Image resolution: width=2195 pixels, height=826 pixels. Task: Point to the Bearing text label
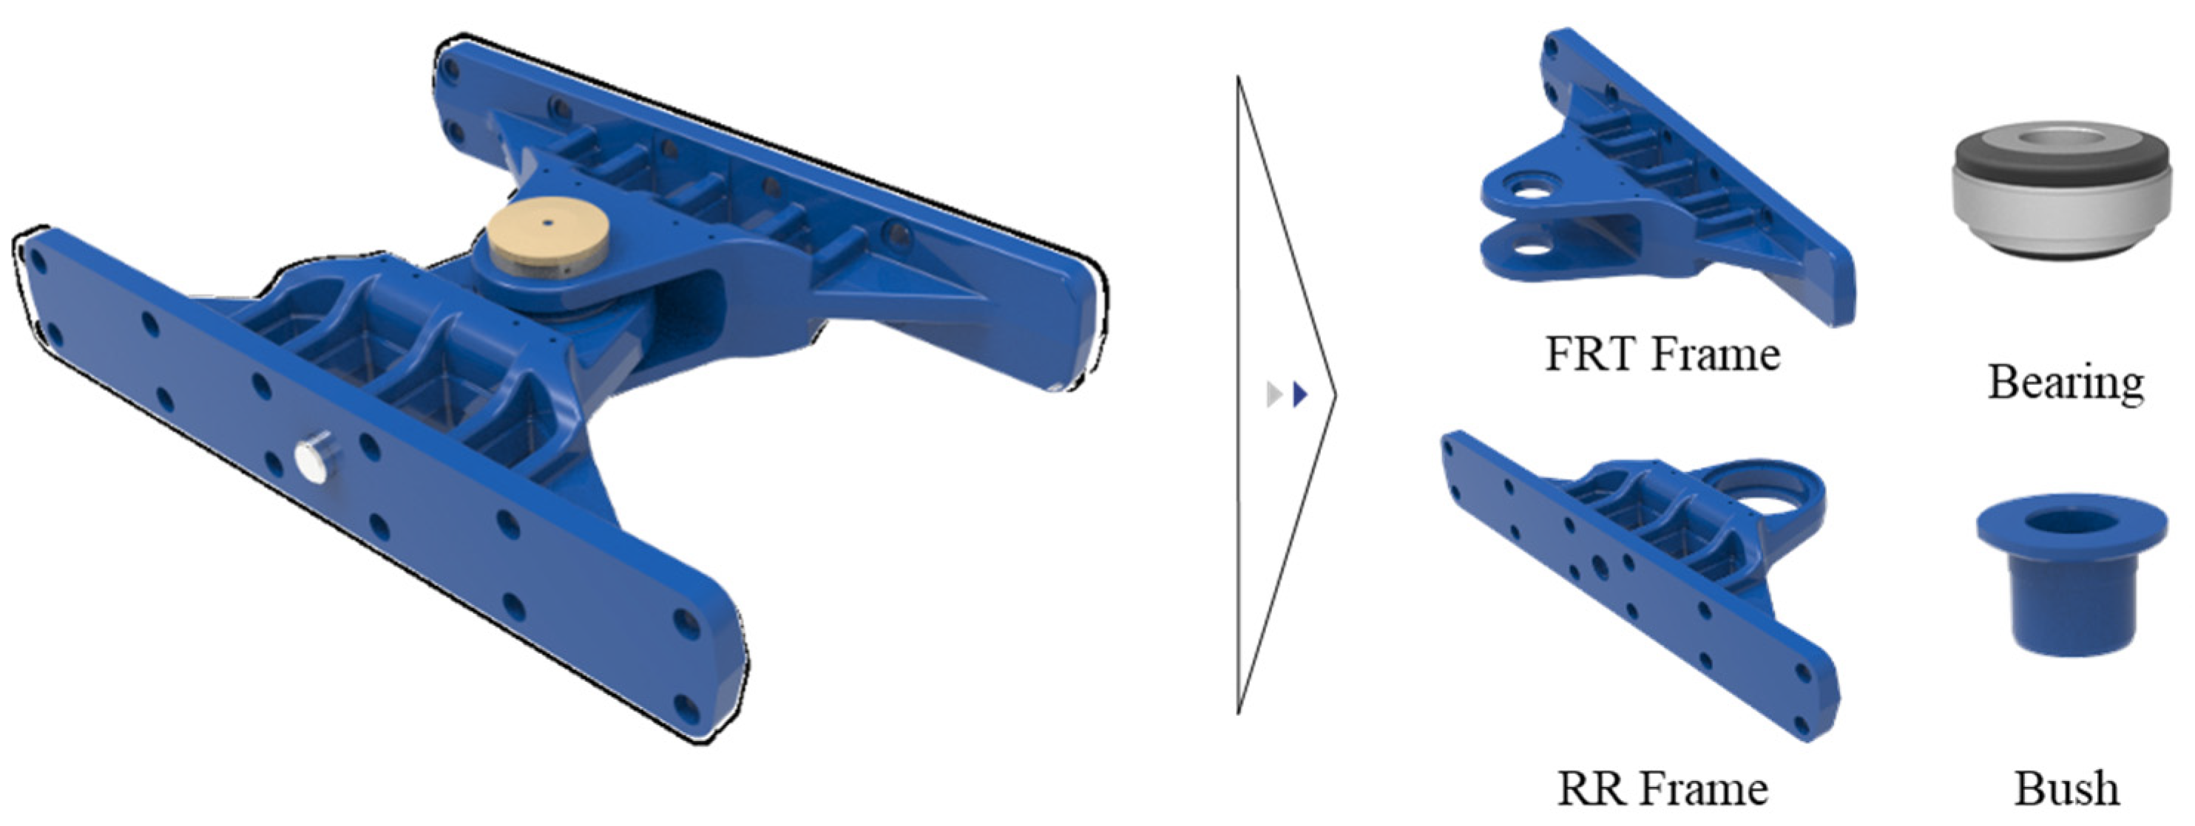(2066, 383)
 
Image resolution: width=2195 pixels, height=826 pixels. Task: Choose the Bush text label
(2066, 788)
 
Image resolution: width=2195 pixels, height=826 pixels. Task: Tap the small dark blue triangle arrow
(1299, 395)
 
